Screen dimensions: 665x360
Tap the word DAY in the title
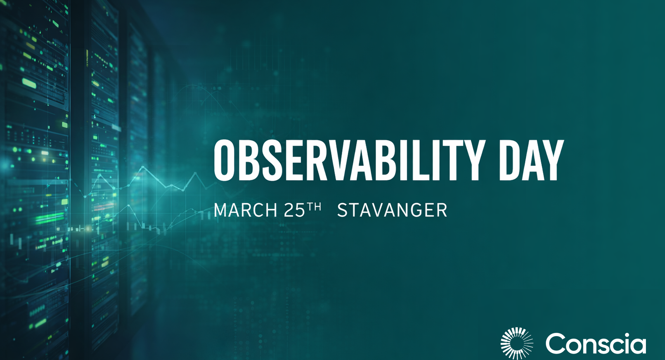pos(532,160)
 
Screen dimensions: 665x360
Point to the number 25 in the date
pos(294,210)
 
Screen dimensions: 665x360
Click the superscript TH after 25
pos(314,207)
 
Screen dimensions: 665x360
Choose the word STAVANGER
pos(392,210)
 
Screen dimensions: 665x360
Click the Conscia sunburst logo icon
pos(517,343)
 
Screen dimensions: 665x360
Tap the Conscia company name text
pos(596,343)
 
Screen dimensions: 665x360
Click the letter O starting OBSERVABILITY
pos(224,160)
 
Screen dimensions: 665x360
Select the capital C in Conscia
pos(556,343)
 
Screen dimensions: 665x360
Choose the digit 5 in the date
pos(300,210)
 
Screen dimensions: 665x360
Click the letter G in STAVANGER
pos(413,210)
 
